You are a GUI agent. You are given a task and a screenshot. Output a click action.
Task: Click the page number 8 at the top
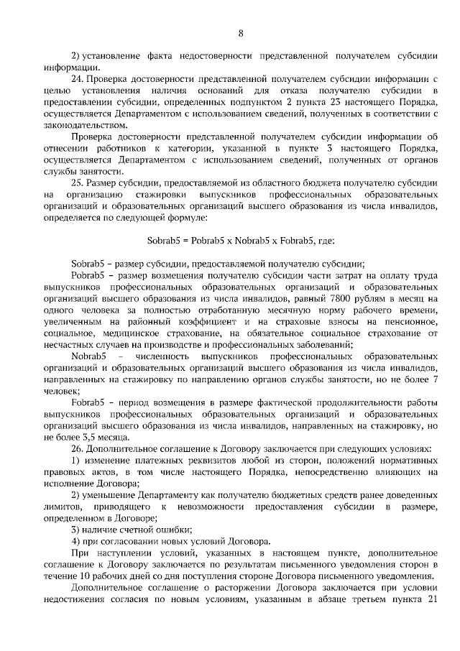point(241,32)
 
